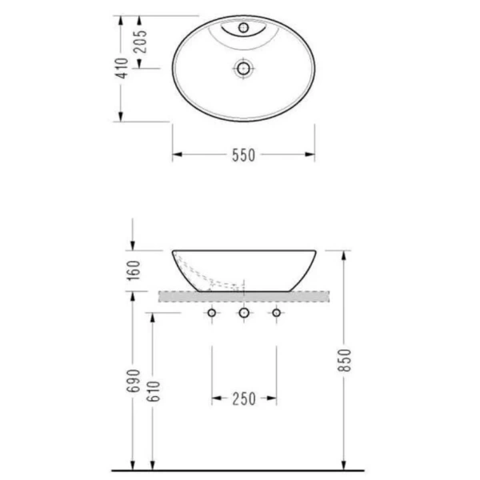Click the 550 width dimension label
pos(243,155)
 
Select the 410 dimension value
pos(122,68)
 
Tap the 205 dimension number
pos(141,42)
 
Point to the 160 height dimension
pos(134,270)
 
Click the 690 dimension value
pos(134,381)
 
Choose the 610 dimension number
pos(153,391)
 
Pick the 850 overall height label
pos(344,360)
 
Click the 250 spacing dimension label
pos(244,399)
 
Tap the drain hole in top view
pos(243,69)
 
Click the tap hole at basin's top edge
pos(243,28)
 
